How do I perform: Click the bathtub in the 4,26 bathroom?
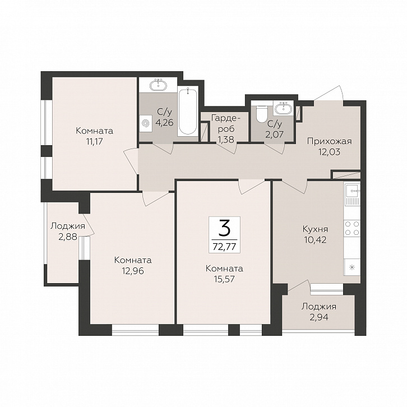tap(188, 111)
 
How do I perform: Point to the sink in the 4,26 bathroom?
tap(158, 85)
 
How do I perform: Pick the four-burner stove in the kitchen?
tap(352, 228)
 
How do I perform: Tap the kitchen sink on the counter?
tap(352, 193)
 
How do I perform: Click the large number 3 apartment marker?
tap(224, 228)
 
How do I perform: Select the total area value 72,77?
tap(224, 247)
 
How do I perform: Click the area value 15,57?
tap(224, 279)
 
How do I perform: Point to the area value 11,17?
tap(95, 141)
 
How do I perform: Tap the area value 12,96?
tap(133, 271)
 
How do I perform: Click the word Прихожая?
tap(330, 141)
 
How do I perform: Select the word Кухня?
tap(316, 229)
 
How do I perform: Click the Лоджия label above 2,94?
tap(319, 307)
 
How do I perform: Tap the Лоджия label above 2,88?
tap(67, 226)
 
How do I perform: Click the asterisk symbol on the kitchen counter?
tap(352, 267)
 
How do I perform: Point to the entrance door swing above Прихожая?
tap(330, 93)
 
